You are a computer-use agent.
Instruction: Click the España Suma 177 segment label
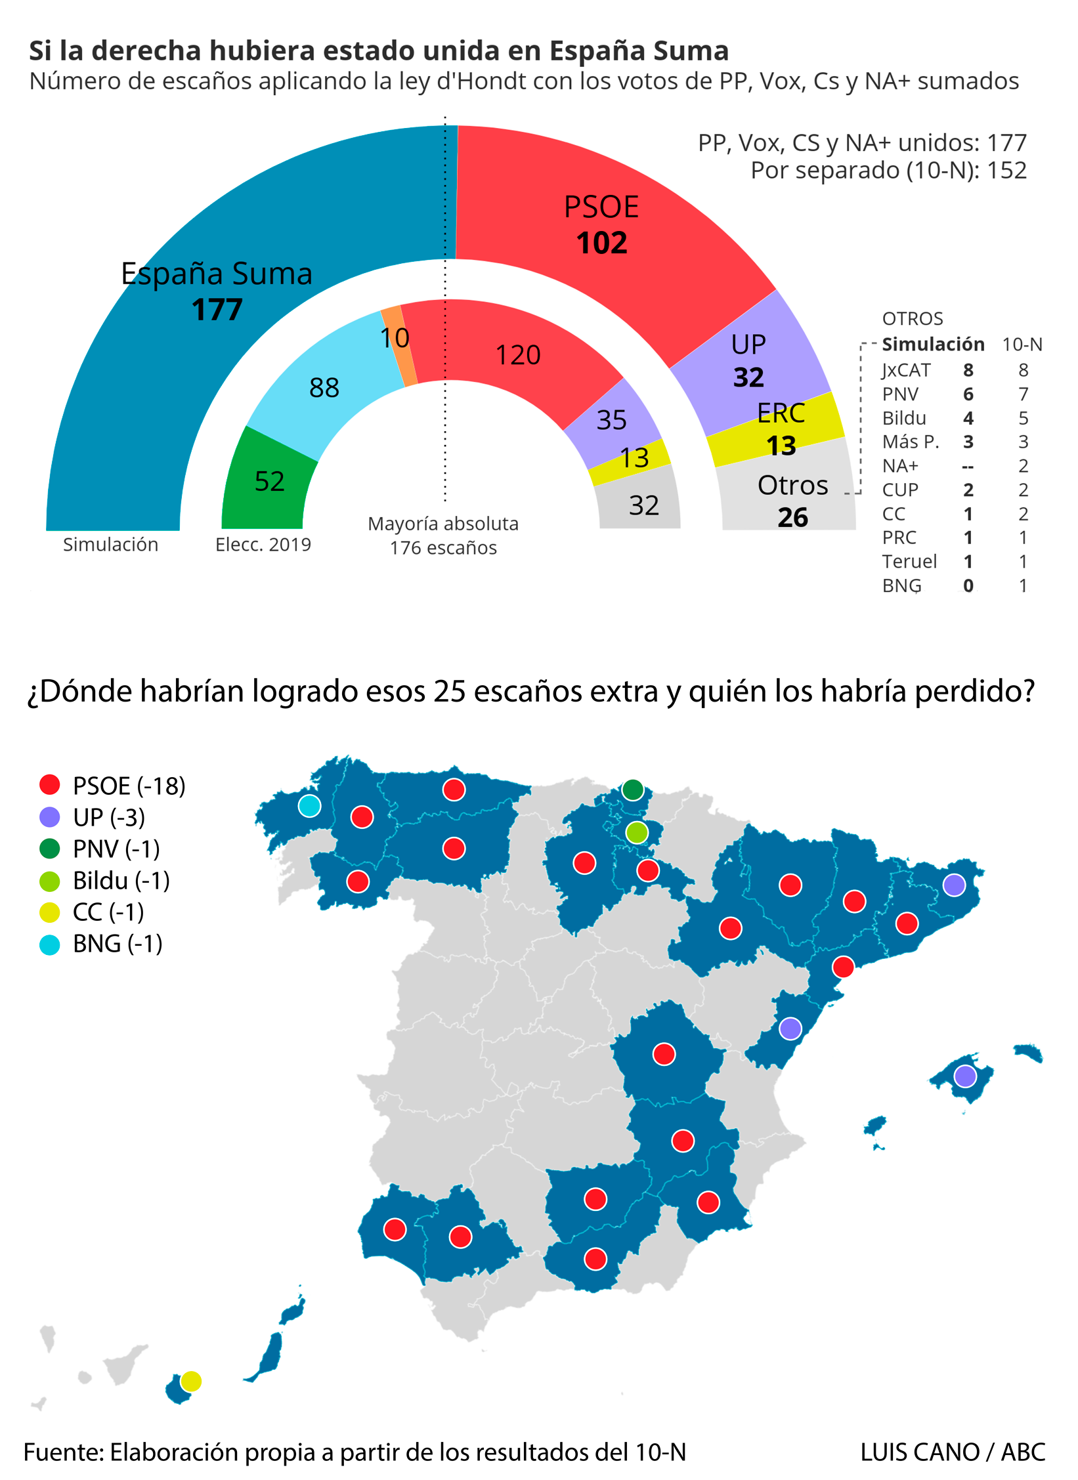[217, 291]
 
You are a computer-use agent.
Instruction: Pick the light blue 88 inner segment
[324, 387]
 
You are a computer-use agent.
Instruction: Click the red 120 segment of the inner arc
[517, 355]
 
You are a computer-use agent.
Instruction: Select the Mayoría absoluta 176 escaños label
[443, 536]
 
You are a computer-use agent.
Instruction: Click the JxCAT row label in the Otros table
[906, 370]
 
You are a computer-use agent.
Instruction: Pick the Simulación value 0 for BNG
[968, 585]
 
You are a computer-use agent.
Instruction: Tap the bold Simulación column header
[932, 344]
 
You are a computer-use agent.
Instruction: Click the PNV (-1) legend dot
[50, 849]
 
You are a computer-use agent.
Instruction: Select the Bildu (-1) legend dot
[50, 881]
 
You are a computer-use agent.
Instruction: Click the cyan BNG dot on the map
[309, 805]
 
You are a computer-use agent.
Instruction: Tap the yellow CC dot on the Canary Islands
[190, 1381]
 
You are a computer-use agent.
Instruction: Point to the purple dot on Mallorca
[964, 1076]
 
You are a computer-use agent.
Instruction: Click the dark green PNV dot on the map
[632, 790]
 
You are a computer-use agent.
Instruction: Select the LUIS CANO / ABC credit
[952, 1452]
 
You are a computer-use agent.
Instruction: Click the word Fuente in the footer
[62, 1452]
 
